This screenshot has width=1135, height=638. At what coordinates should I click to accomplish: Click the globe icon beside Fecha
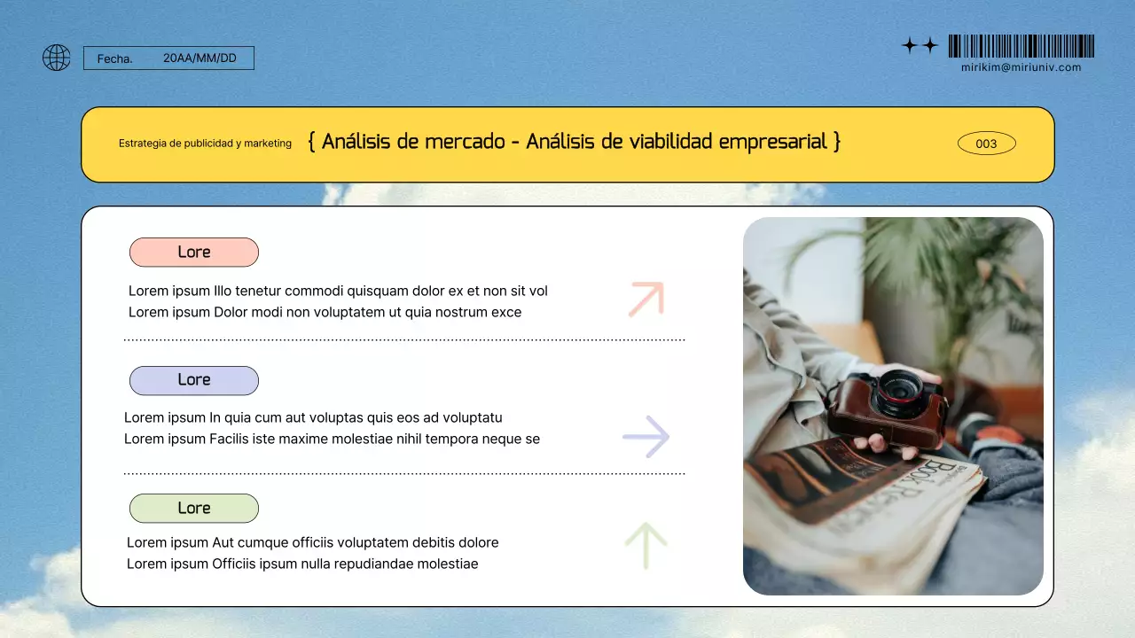click(57, 58)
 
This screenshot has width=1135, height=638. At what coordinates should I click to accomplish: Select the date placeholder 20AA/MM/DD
click(200, 58)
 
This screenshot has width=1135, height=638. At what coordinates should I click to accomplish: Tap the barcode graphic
click(1021, 46)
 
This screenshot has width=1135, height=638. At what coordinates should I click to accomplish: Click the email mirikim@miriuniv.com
click(1021, 67)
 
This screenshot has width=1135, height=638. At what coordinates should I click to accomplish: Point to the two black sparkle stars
click(920, 45)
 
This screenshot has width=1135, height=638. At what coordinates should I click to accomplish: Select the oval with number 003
click(986, 144)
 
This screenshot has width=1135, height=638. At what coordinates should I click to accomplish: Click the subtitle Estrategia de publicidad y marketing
click(205, 144)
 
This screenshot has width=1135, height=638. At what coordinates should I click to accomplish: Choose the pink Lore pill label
click(194, 253)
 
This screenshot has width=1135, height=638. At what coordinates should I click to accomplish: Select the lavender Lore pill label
click(194, 380)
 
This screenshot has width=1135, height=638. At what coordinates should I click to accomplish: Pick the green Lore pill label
click(194, 509)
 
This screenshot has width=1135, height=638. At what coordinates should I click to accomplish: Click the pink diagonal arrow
click(646, 300)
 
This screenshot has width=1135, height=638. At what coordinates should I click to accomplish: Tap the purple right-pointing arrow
click(646, 436)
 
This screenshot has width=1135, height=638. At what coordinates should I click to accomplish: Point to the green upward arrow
click(646, 545)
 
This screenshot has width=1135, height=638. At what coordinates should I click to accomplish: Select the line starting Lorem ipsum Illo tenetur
click(338, 291)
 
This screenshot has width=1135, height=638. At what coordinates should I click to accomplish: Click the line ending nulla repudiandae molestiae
click(302, 564)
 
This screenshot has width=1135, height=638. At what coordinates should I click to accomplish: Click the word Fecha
click(114, 59)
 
